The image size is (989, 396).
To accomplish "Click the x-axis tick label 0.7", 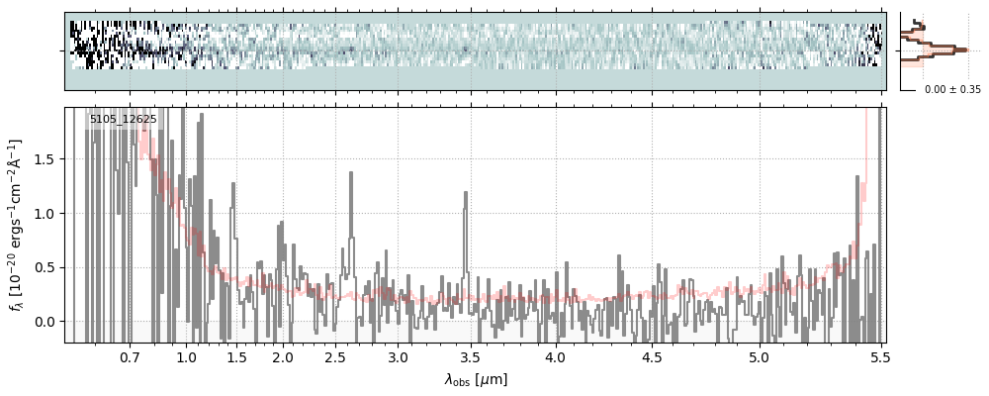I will [130, 356].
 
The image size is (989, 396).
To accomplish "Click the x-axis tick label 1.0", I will [187, 356].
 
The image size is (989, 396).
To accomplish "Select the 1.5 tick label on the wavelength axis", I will [237, 356].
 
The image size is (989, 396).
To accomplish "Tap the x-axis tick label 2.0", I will [283, 356].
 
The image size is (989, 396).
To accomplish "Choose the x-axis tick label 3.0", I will [398, 356].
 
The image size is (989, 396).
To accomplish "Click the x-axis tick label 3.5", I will [470, 356].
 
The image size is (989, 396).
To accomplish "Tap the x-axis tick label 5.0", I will [759, 356].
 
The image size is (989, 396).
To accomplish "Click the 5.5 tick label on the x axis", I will [876, 356].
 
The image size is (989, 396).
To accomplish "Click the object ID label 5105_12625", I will [123, 120].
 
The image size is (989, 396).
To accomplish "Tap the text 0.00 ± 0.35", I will [952, 89].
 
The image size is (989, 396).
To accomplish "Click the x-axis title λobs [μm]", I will [476, 379].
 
